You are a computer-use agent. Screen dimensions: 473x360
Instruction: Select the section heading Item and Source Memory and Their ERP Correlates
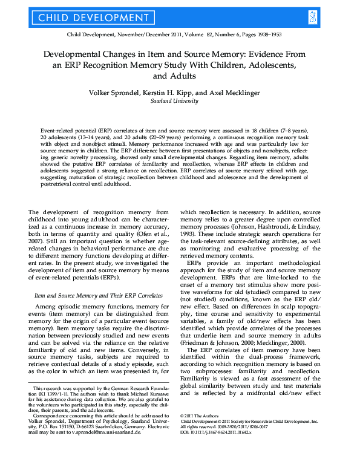click(98, 295)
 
